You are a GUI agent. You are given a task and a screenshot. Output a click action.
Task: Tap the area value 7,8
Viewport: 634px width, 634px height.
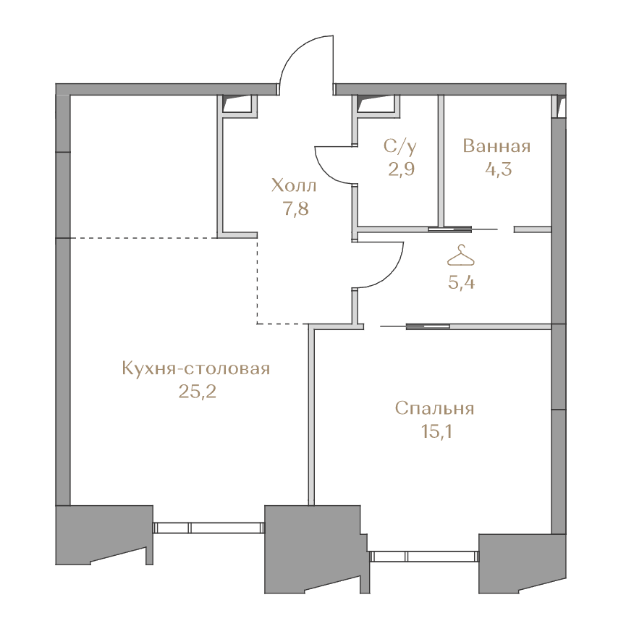coord(296,209)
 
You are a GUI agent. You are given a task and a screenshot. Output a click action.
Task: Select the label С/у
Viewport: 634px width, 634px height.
coord(400,146)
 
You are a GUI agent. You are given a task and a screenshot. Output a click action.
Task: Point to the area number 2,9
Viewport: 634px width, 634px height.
coord(402,169)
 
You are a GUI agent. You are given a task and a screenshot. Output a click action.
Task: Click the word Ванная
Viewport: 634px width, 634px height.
coord(496,146)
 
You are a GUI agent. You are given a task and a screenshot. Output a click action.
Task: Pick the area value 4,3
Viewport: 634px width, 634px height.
coord(499,169)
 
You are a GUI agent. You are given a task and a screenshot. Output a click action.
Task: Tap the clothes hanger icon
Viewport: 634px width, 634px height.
coord(460,255)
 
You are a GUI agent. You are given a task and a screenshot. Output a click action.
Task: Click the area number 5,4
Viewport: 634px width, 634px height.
coord(461,282)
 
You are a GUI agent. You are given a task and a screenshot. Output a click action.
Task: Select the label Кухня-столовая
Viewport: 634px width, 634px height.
coord(195,369)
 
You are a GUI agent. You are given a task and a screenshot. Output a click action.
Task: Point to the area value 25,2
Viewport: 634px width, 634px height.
coord(198,392)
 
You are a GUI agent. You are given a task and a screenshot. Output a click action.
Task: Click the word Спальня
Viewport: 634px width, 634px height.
coord(434,409)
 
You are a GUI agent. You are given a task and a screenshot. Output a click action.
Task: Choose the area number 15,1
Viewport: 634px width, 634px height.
coord(436,431)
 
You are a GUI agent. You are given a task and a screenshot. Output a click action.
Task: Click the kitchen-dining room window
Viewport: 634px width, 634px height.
coord(208,528)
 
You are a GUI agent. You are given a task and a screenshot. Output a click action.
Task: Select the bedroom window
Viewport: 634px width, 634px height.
coord(425,557)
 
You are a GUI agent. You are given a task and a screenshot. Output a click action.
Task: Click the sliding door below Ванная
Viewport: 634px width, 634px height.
coord(463,229)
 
